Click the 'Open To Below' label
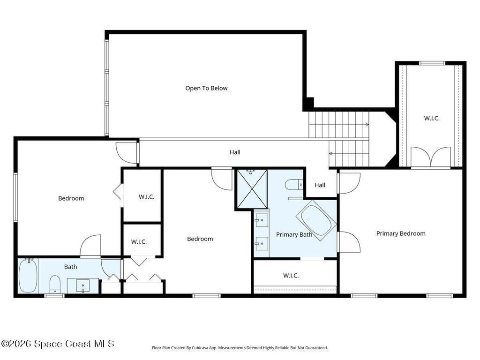(x=206, y=88)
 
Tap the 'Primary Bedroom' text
(x=401, y=233)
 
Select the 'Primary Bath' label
(x=294, y=234)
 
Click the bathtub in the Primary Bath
(x=316, y=220)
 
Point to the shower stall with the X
(x=252, y=189)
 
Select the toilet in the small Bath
(x=55, y=284)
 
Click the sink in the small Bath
(x=83, y=285)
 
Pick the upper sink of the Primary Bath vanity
(x=262, y=220)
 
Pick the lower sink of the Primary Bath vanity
(x=262, y=244)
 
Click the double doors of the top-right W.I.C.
(x=431, y=157)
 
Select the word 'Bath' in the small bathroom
(x=70, y=267)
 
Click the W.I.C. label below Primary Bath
(x=291, y=276)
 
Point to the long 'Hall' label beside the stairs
(x=235, y=152)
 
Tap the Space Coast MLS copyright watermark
(x=58, y=344)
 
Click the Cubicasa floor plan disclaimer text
(x=240, y=348)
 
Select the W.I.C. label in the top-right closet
(x=432, y=118)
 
